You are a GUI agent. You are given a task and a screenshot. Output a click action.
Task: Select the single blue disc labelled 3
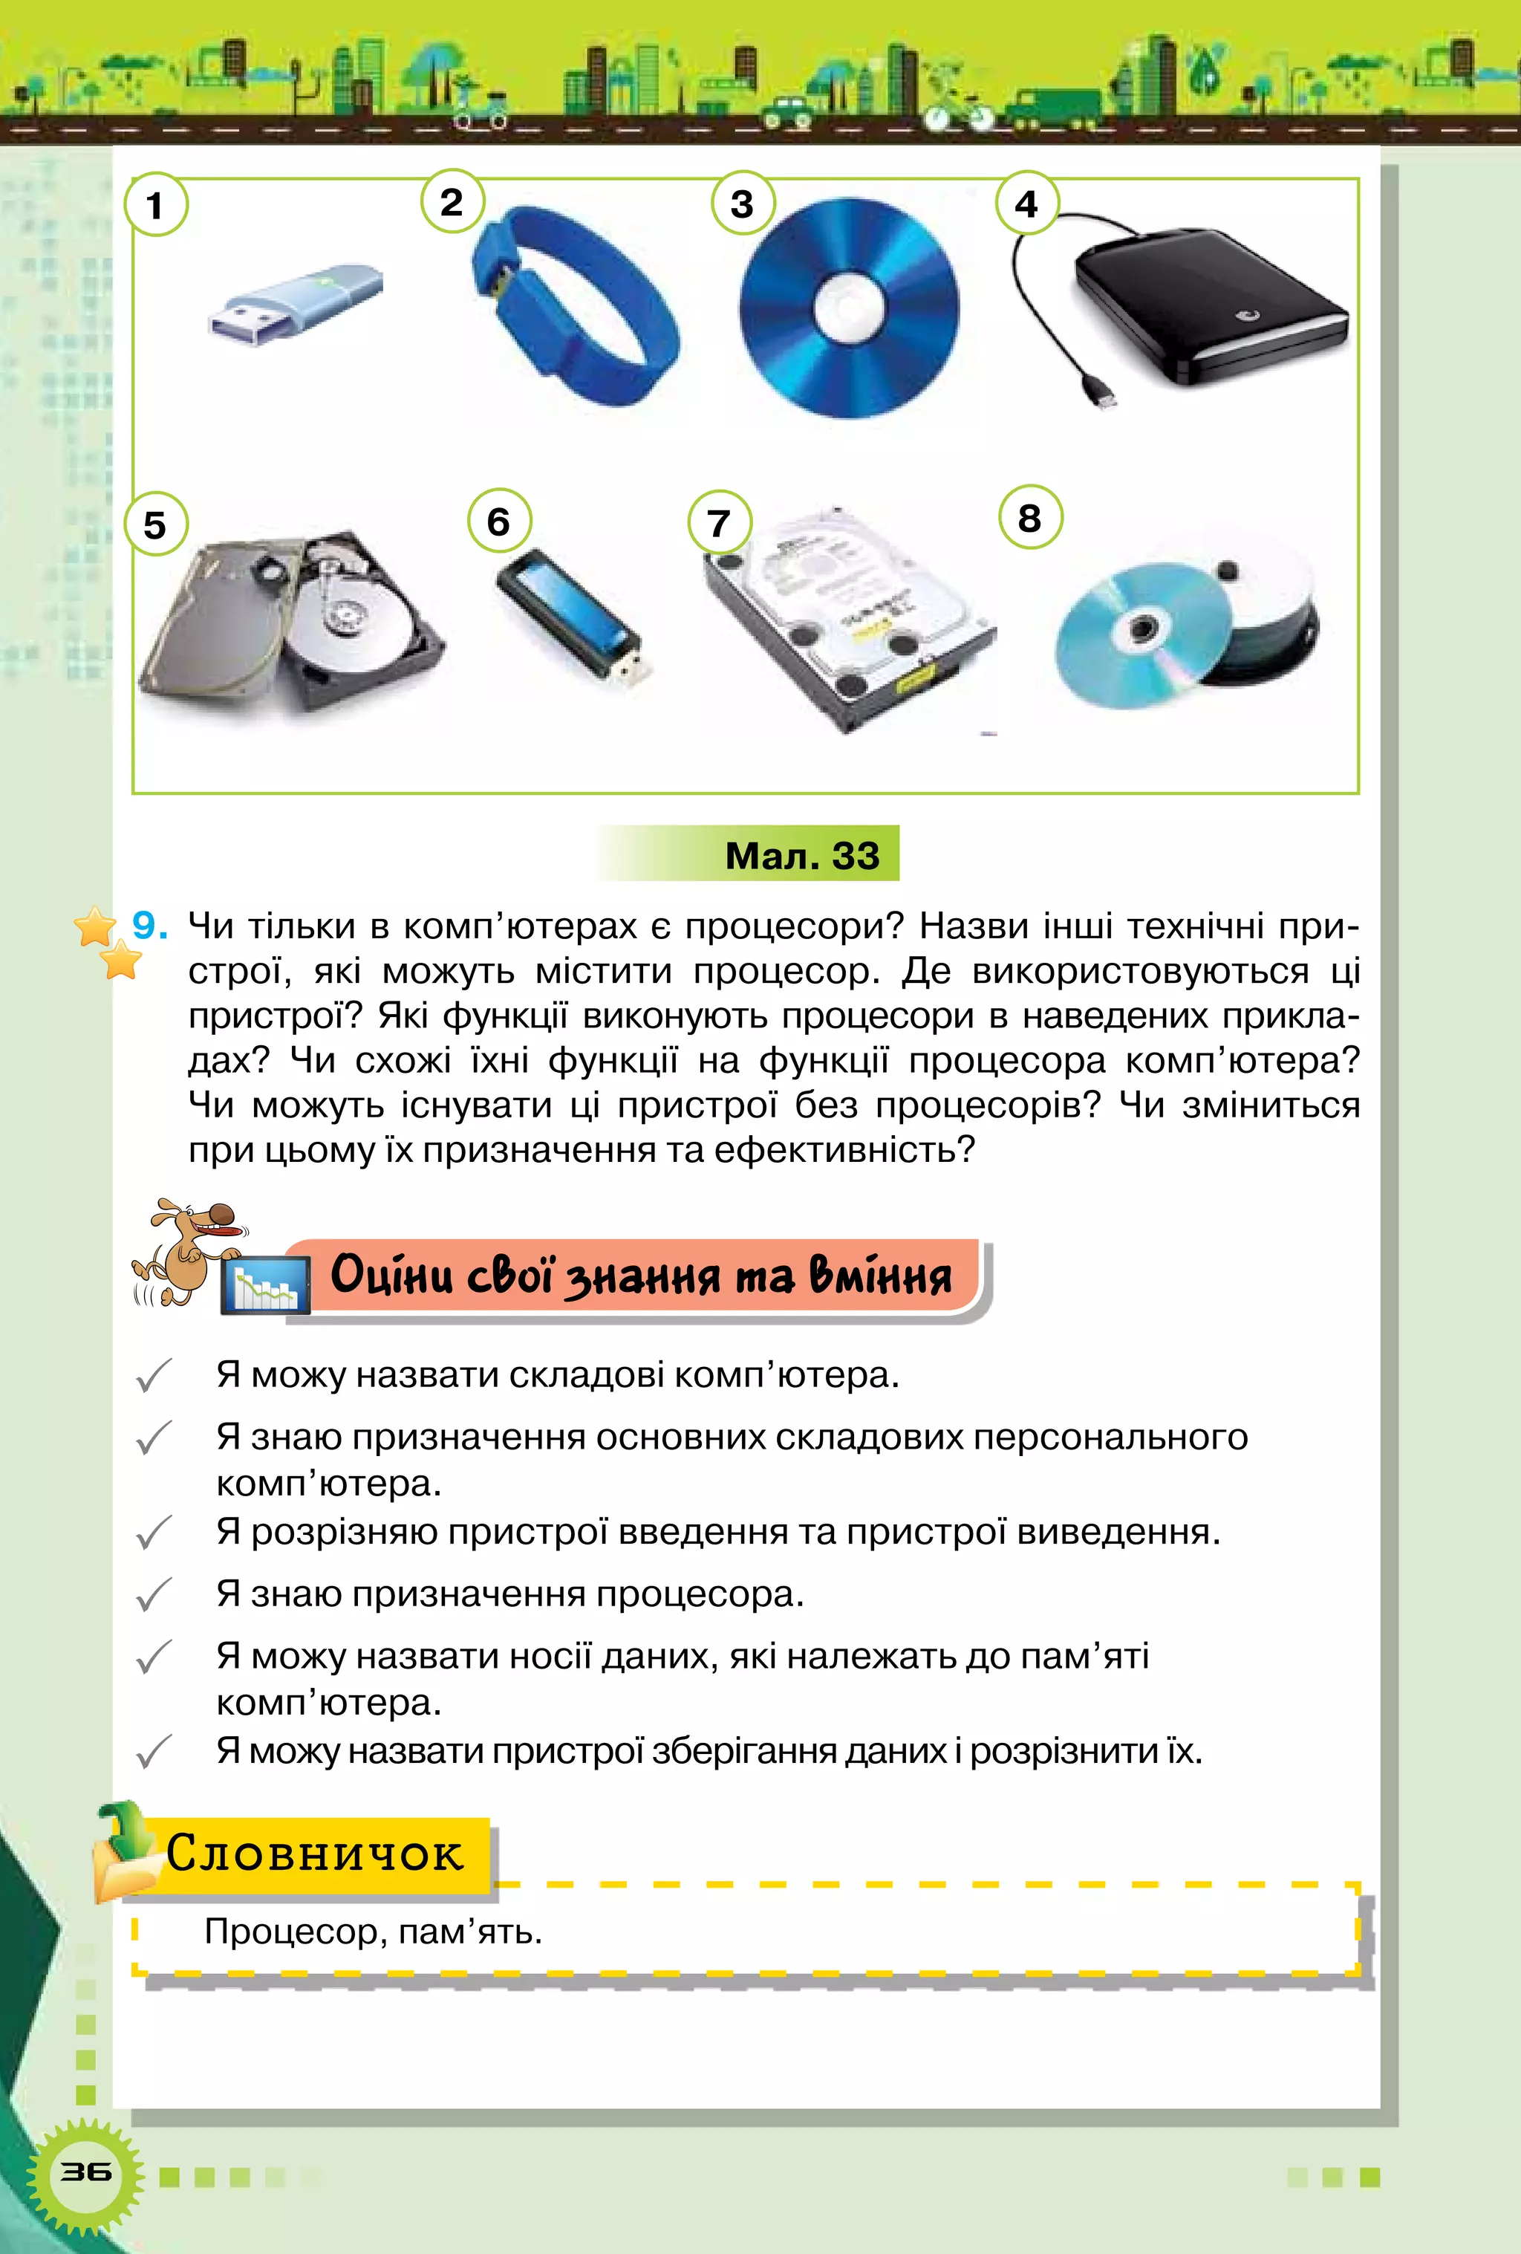coord(848,308)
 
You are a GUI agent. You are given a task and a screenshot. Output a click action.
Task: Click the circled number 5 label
coord(155,526)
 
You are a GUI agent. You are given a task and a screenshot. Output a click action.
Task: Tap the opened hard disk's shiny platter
coord(354,621)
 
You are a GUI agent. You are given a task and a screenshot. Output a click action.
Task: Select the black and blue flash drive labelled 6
coord(572,616)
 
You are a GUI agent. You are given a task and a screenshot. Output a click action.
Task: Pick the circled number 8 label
coord(1029,518)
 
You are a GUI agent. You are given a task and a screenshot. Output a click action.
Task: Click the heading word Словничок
coord(315,1854)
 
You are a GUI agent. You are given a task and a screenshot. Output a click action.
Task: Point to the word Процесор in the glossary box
coord(286,1932)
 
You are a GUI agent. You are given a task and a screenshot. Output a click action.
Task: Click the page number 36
coord(85,2172)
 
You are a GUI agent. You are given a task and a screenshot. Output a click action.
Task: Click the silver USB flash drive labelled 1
coord(296,302)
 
